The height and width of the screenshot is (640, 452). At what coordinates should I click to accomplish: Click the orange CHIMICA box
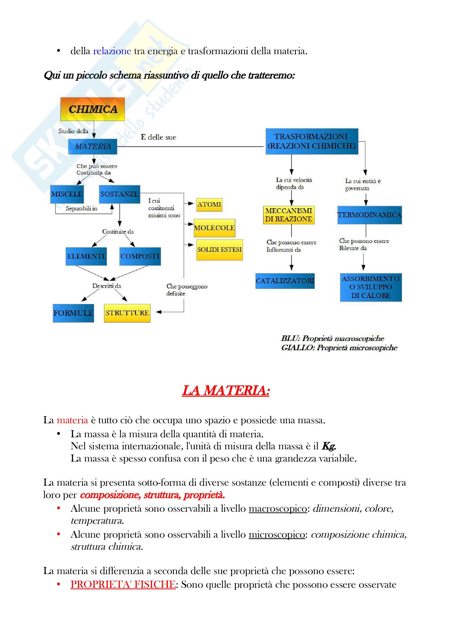(92, 109)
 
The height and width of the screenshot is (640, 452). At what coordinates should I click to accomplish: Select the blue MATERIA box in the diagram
(92, 146)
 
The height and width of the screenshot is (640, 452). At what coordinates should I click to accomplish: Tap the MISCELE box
(67, 194)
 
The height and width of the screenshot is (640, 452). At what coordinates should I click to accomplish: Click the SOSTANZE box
(119, 194)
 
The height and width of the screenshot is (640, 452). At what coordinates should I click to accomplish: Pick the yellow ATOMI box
(209, 205)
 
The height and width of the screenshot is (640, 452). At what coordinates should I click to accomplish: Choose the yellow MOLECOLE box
(214, 228)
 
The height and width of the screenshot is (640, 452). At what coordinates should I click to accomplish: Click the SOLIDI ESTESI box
(220, 250)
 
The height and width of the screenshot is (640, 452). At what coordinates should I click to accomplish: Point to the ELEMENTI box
(86, 256)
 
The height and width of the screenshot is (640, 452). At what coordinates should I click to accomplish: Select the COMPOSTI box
(140, 256)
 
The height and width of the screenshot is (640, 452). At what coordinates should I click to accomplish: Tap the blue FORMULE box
(73, 313)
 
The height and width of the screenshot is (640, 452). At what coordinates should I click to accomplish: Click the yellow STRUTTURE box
(127, 313)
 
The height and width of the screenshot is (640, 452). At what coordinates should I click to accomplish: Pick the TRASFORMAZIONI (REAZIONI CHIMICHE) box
(312, 141)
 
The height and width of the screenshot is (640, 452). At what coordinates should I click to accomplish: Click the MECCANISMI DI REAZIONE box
(288, 215)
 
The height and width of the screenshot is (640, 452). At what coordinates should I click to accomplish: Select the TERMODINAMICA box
(369, 215)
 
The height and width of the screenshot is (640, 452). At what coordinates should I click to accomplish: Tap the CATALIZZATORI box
(285, 281)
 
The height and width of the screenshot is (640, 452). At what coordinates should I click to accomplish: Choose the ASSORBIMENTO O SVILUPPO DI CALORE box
(371, 287)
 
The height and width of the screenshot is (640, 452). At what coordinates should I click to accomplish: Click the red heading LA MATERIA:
(226, 390)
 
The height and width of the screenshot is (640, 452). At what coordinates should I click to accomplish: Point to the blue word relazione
(112, 51)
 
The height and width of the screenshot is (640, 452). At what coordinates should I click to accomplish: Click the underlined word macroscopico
(278, 509)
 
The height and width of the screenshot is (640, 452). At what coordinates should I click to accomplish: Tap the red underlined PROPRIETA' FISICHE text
(123, 584)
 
